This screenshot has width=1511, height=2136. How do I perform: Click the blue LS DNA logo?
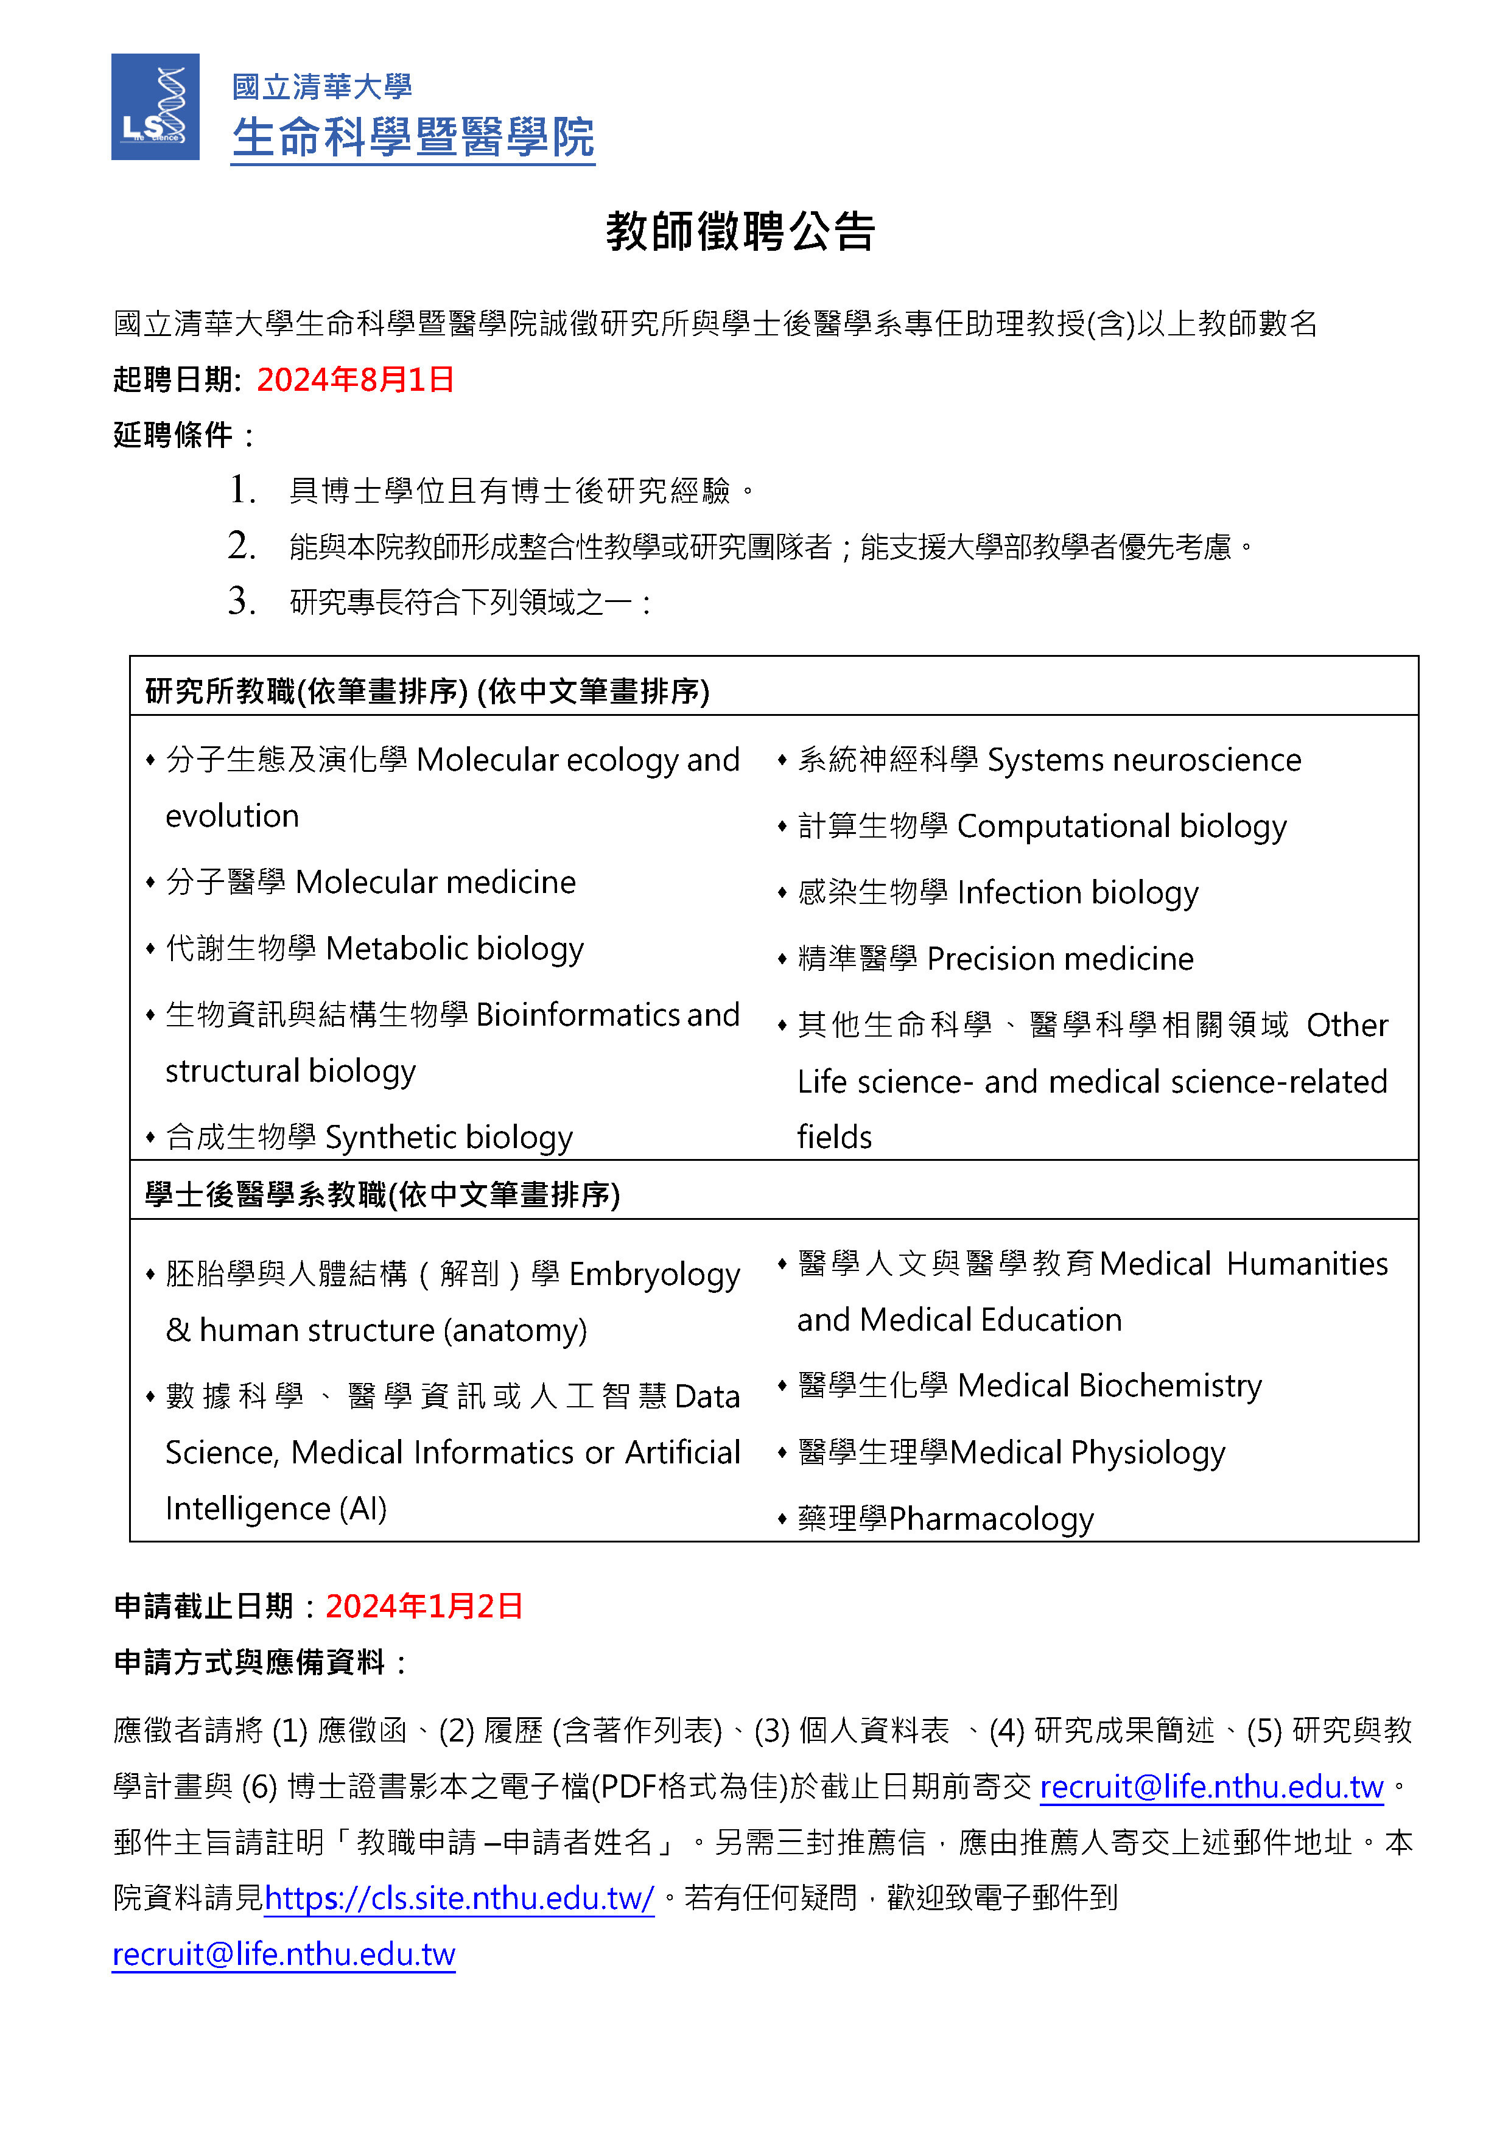tap(155, 107)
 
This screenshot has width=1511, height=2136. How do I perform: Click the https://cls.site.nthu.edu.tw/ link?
tap(458, 1898)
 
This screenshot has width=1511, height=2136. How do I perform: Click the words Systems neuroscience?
tap(1143, 760)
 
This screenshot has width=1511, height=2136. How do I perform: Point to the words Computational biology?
tap(1121, 826)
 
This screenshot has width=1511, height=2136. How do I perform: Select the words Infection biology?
tap(1078, 892)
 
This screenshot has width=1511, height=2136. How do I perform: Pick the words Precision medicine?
tap(1060, 958)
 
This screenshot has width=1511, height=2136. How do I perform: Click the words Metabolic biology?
tap(455, 948)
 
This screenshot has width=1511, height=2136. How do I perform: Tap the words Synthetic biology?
tap(449, 1137)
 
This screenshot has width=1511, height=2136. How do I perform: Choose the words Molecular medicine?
tap(435, 882)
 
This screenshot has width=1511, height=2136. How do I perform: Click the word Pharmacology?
tap(991, 1518)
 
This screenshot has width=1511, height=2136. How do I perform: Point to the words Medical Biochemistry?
tap(1109, 1385)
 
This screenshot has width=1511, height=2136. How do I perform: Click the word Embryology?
tap(654, 1273)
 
